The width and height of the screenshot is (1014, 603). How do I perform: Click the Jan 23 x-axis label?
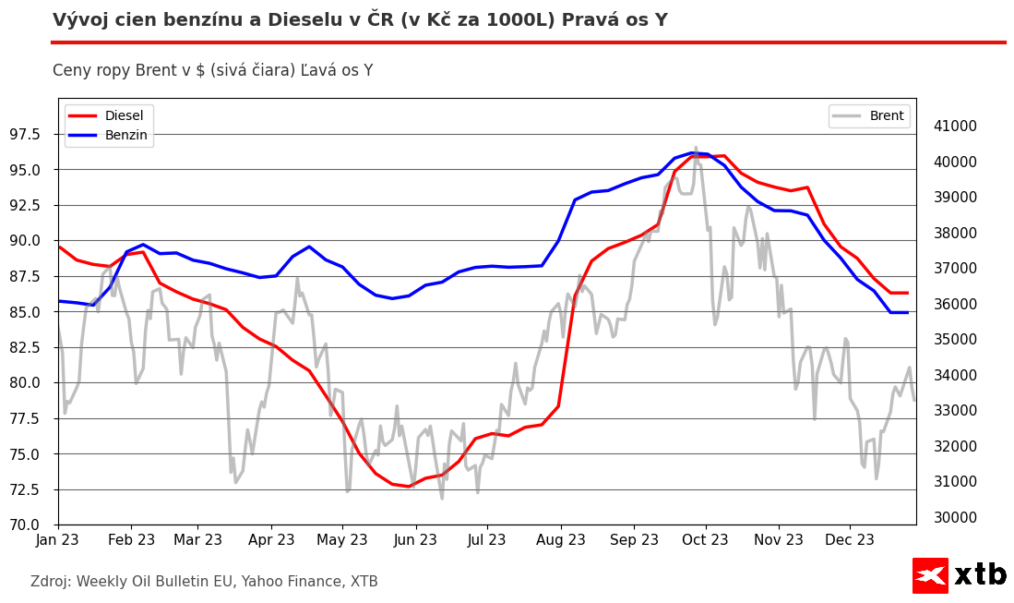click(x=58, y=539)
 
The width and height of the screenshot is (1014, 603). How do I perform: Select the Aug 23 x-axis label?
click(x=561, y=539)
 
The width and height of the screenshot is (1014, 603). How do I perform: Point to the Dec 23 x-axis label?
click(x=849, y=539)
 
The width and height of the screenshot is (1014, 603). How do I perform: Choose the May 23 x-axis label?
click(x=341, y=539)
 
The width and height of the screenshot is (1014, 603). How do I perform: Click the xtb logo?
click(x=960, y=574)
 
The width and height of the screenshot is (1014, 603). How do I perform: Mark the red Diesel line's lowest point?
click(x=409, y=486)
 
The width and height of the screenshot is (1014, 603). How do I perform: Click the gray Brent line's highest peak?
click(x=696, y=148)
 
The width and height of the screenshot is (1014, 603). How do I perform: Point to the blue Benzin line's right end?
click(x=908, y=312)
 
